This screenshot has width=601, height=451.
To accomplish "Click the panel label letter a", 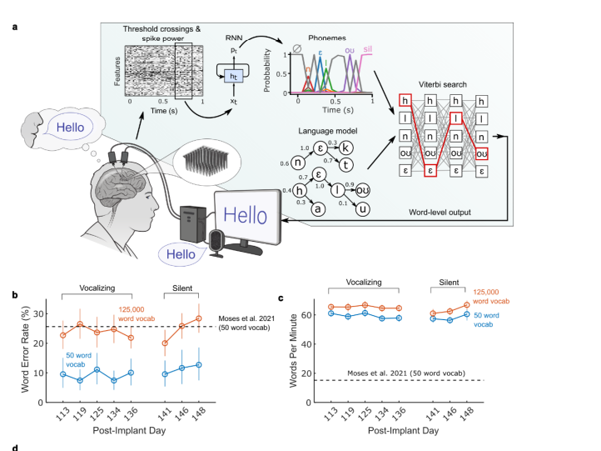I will pyautogui.click(x=15, y=28).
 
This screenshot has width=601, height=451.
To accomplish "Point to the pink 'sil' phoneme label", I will pyautogui.click(x=367, y=49).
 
